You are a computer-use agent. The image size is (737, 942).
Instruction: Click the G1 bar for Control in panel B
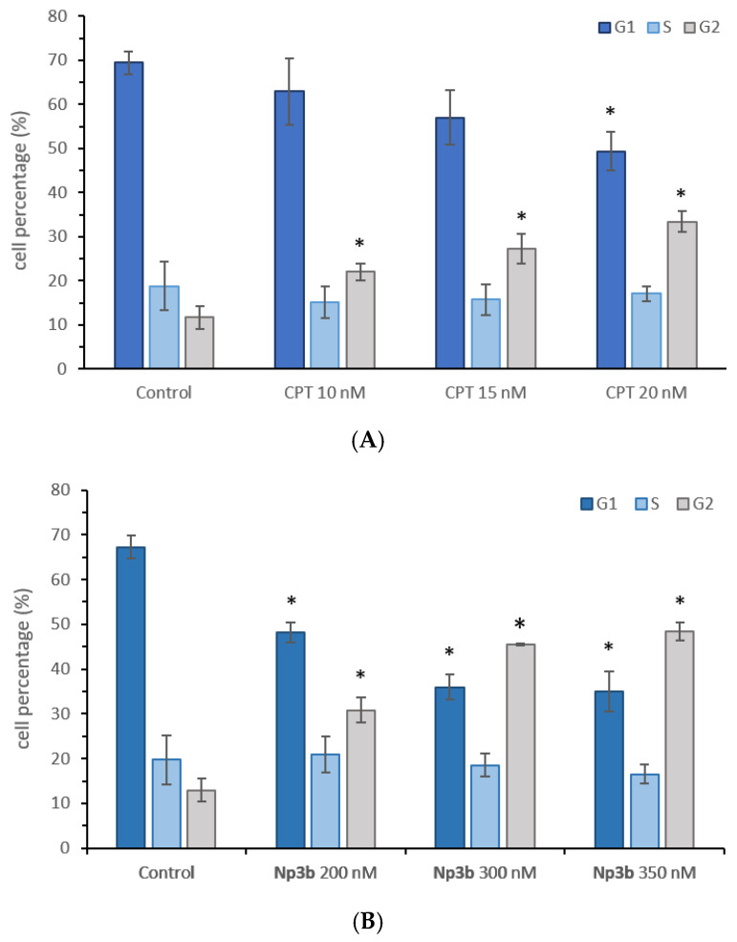pos(131,697)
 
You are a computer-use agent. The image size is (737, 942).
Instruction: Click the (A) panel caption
pos(368,441)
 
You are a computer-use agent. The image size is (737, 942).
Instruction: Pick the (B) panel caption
pos(368,922)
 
